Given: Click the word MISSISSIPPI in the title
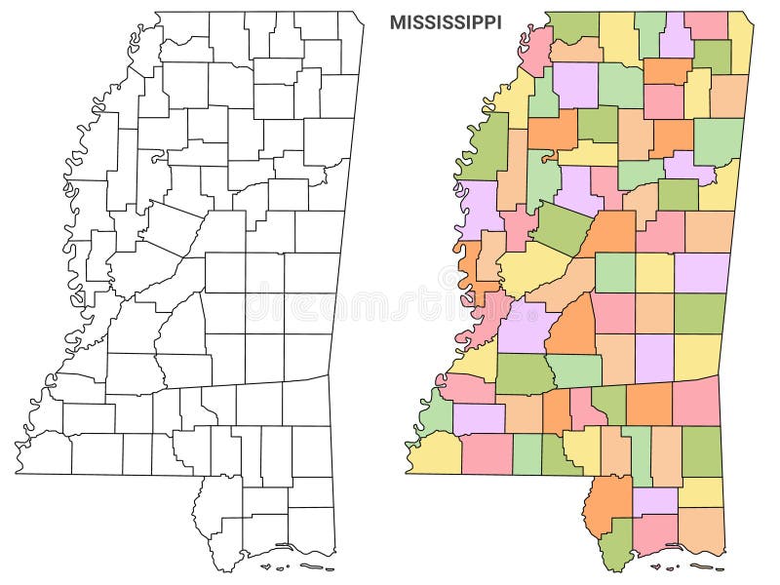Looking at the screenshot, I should [446, 22].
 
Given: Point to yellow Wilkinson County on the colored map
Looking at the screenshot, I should [434, 451].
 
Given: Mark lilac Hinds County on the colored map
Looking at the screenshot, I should [524, 326].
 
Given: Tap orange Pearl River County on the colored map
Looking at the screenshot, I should [607, 497].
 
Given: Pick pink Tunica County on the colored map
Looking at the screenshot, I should [536, 50].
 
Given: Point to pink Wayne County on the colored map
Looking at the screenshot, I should [696, 401].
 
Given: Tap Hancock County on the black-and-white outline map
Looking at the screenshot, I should [225, 546].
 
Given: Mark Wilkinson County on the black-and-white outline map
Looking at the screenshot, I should [44, 451].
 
